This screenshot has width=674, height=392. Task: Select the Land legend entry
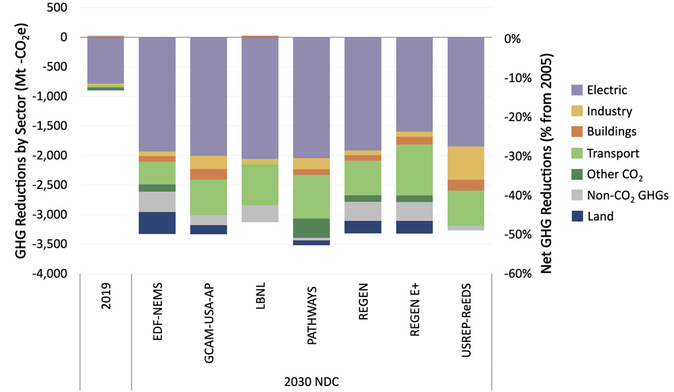point(599,215)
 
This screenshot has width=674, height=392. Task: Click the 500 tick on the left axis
point(57,8)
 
